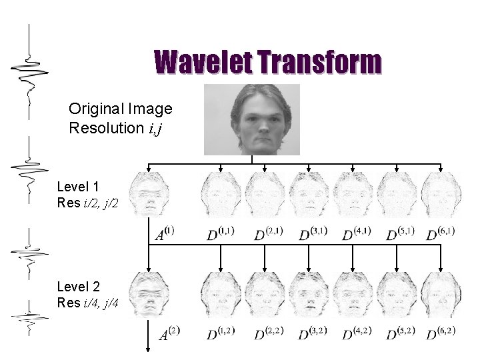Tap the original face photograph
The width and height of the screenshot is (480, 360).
click(251, 119)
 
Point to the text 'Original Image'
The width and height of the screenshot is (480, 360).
click(121, 109)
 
